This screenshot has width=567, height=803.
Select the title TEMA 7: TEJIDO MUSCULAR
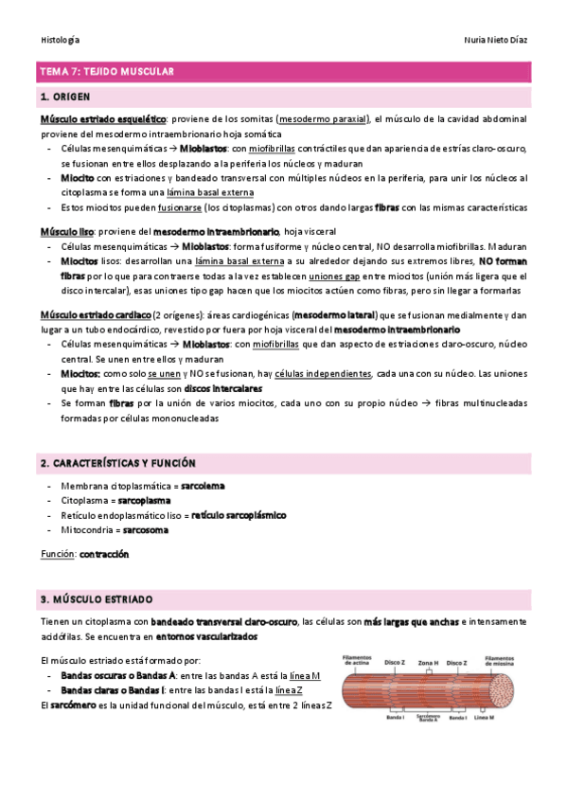pyautogui.click(x=105, y=72)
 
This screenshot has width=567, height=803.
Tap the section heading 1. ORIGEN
pyautogui.click(x=65, y=97)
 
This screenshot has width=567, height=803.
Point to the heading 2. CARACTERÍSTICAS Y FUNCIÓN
pyautogui.click(x=117, y=463)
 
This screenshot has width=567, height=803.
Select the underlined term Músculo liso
pyautogui.click(x=65, y=231)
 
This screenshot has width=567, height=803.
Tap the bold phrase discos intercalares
pyautogui.click(x=223, y=388)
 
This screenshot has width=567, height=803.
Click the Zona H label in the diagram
pyautogui.click(x=428, y=662)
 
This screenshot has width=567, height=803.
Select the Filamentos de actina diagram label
pyautogui.click(x=358, y=660)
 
